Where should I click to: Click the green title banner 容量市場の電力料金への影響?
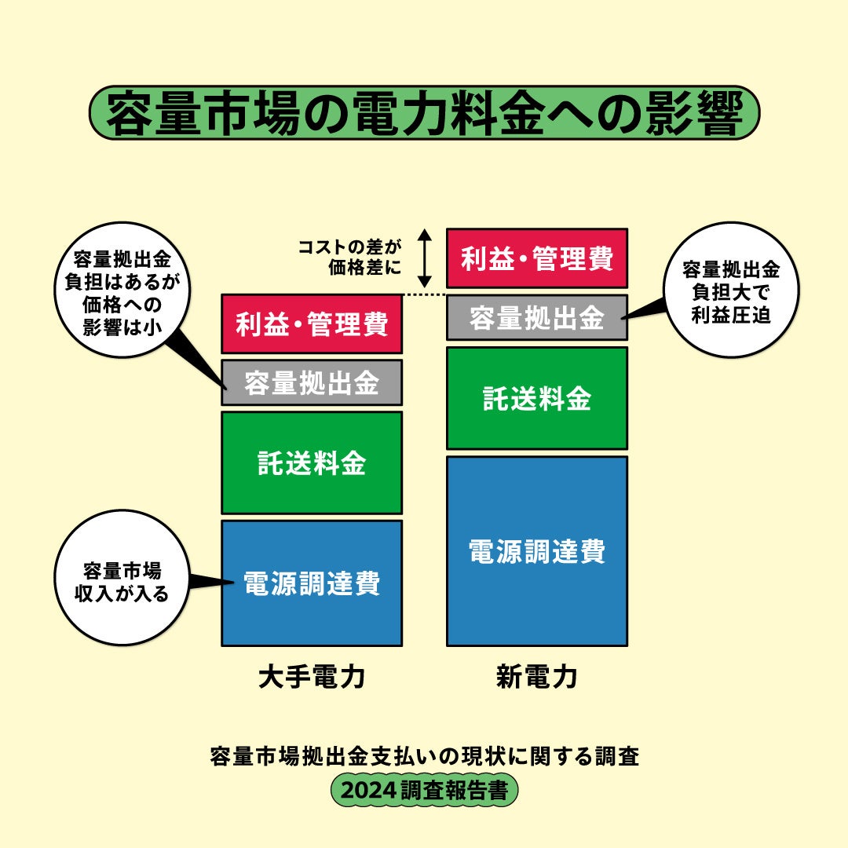(424, 113)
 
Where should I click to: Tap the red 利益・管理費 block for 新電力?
(537, 258)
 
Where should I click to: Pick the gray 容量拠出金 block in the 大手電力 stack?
(312, 382)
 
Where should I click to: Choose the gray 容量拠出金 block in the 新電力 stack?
(537, 318)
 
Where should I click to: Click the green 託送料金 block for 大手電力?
(312, 462)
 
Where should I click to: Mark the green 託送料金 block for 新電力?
(537, 398)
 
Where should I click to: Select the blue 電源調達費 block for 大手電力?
(312, 583)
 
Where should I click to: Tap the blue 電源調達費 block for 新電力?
(537, 551)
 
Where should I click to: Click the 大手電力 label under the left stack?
(312, 677)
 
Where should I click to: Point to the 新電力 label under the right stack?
(536, 677)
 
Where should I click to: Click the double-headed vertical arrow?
(424, 258)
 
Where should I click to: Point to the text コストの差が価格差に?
(349, 257)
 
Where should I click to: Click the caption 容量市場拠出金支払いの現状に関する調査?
(424, 757)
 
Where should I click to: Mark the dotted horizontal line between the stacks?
(424, 295)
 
